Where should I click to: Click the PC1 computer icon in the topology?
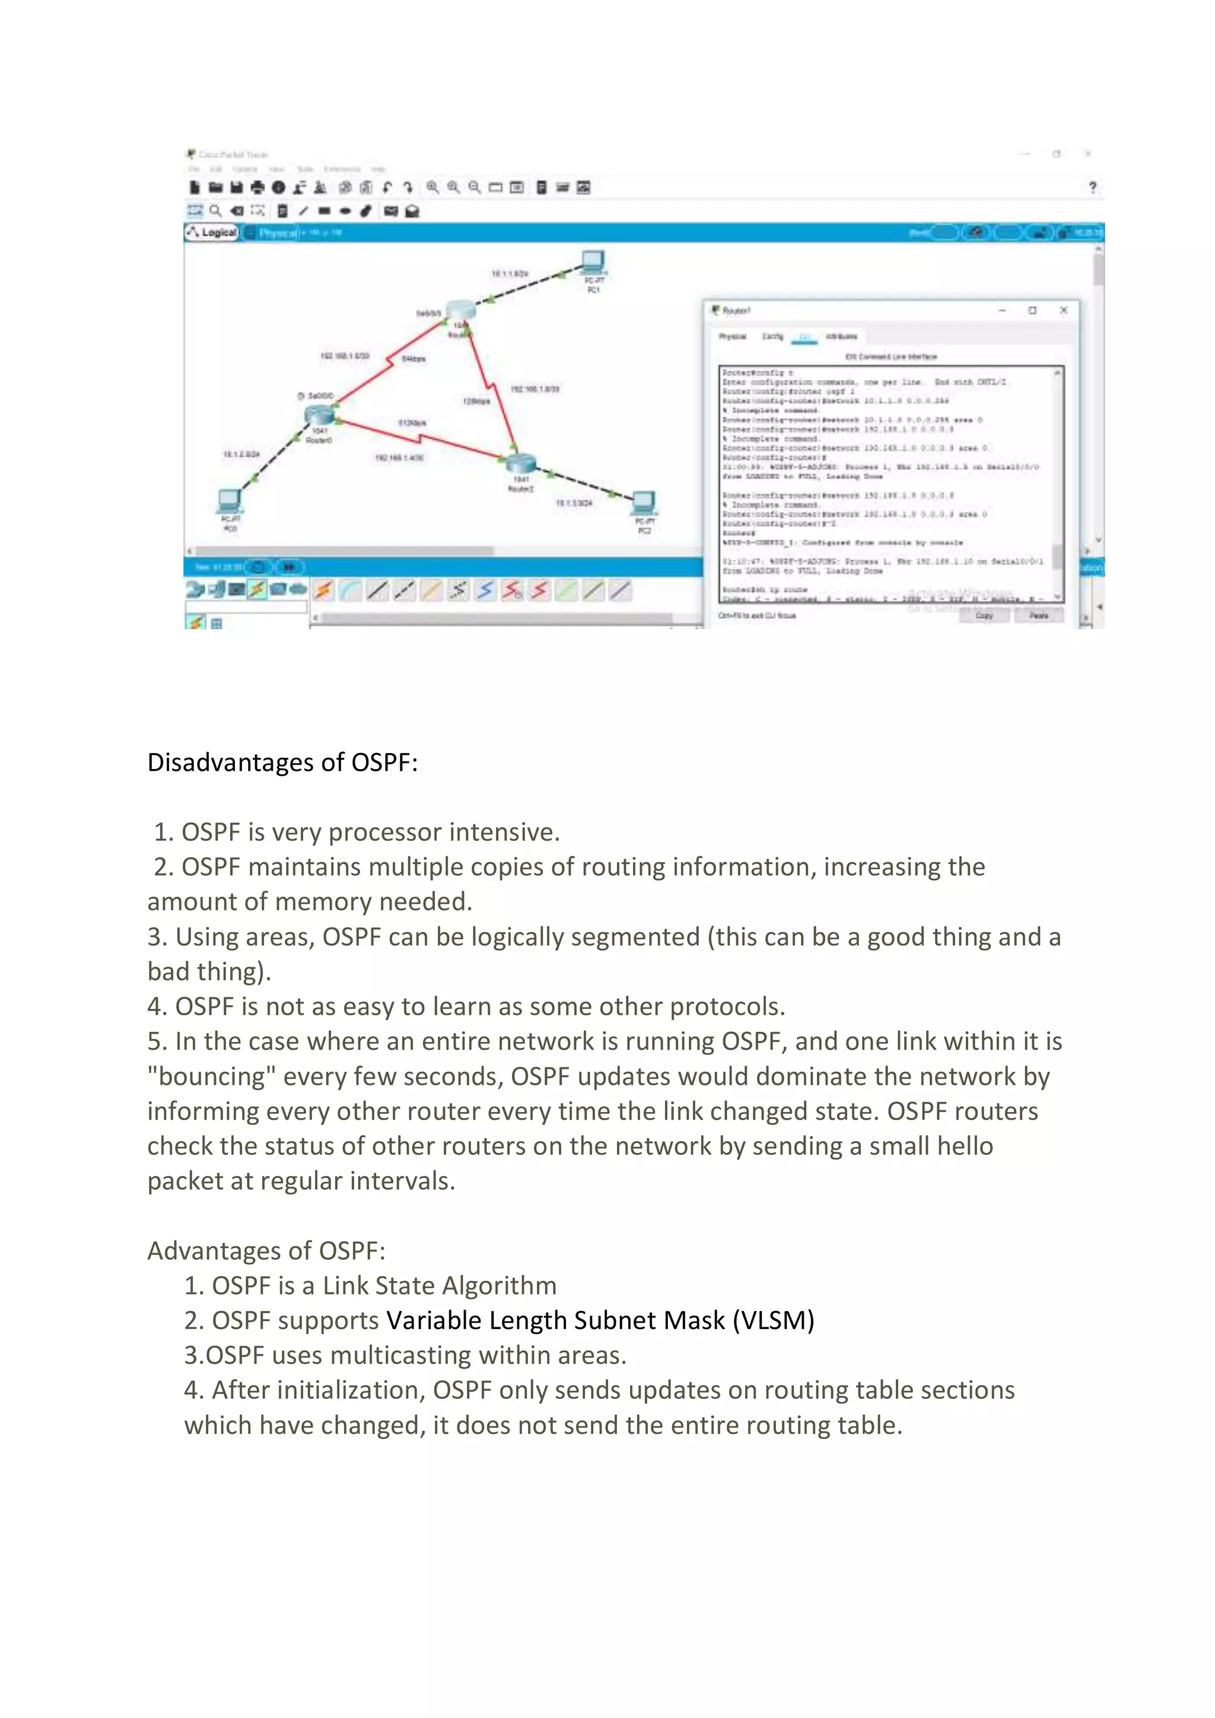(x=593, y=263)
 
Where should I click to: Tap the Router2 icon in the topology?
(x=520, y=463)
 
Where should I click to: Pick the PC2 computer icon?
(x=644, y=502)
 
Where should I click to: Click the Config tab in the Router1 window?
(x=772, y=337)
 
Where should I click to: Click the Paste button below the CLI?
(x=1038, y=615)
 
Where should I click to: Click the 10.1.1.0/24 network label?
(x=509, y=274)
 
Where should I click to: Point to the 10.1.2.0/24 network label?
(x=241, y=454)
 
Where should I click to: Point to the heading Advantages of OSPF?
(x=266, y=1250)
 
